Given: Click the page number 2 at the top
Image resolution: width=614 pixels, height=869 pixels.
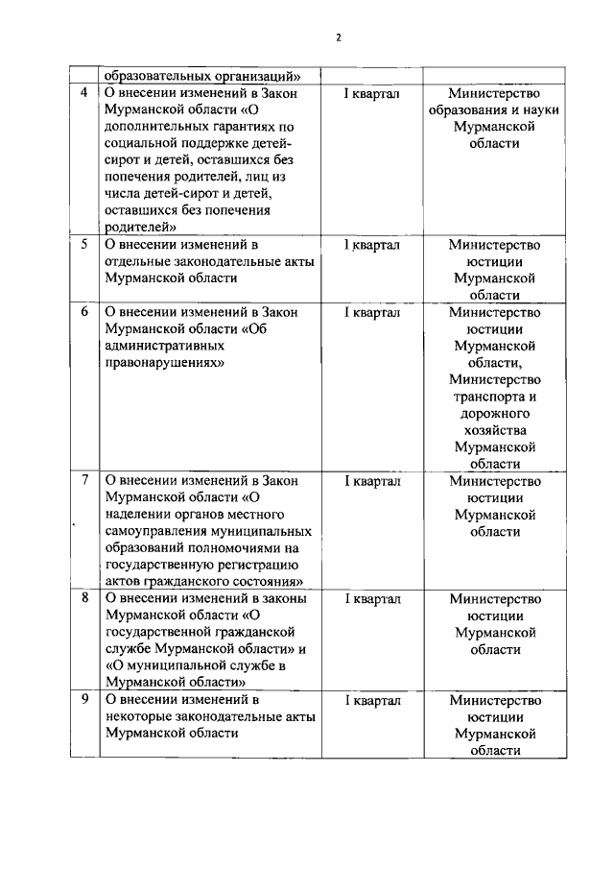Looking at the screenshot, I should [338, 37].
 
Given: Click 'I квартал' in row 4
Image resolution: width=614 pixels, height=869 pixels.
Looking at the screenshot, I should [372, 93].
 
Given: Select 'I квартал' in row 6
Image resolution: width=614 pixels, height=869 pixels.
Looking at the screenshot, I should [372, 312].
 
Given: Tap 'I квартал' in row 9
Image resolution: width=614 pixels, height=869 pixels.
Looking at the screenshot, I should [372, 700].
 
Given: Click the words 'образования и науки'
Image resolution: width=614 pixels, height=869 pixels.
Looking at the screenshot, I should [494, 109].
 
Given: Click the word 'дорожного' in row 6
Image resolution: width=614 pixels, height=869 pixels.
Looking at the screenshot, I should [494, 414].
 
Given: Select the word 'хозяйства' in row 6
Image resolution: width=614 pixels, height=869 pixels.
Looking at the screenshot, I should [494, 431].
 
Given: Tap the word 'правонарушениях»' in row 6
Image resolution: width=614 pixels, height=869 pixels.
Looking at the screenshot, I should [164, 363].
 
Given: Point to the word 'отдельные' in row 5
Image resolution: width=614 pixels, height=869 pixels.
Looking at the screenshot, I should [136, 261].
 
